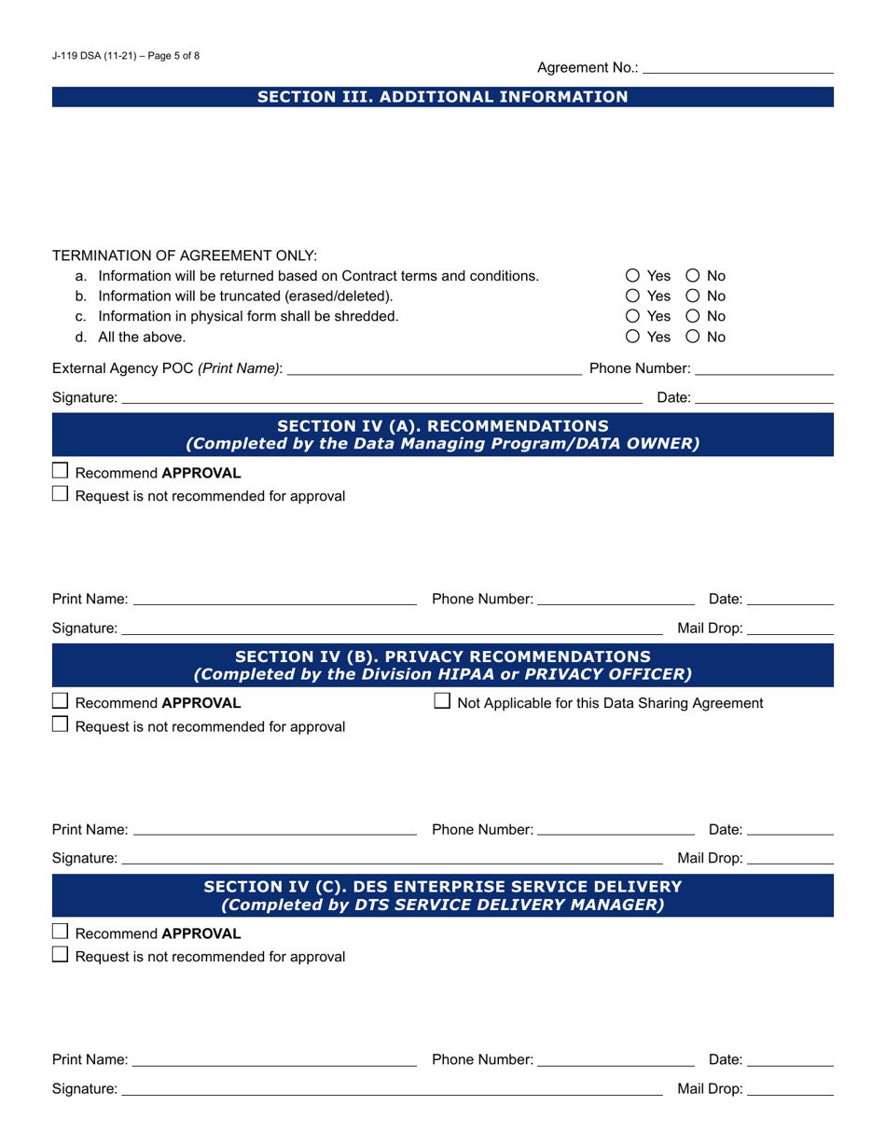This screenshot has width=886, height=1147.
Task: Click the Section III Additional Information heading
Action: tap(442, 97)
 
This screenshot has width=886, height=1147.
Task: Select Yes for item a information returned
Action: tap(633, 276)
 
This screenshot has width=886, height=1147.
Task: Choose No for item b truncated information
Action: tap(694, 297)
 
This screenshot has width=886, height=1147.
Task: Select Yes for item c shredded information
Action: tap(633, 317)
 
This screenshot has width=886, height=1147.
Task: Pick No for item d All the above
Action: tap(694, 338)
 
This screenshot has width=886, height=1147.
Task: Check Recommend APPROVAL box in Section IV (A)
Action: tap(61, 473)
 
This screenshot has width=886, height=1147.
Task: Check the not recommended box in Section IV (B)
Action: tap(61, 726)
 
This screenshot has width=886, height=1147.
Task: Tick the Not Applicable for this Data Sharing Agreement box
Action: tap(444, 702)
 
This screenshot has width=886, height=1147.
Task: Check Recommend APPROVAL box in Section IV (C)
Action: tap(61, 933)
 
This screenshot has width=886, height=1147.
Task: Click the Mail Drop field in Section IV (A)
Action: tap(790, 628)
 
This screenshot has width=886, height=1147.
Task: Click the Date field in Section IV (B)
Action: tap(790, 828)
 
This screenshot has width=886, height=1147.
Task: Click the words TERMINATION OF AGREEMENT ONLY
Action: tap(185, 256)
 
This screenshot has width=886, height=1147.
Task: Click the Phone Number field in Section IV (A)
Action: tap(616, 598)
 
